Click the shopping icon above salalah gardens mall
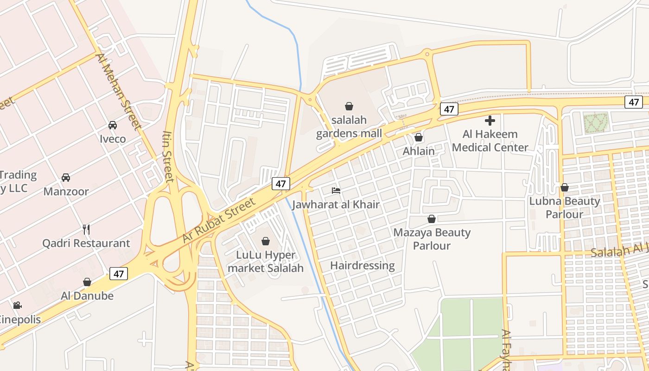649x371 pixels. pos(349,106)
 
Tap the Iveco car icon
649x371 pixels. pos(112,125)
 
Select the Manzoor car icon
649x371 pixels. pos(66,177)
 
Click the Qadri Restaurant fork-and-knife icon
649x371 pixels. pos(86,229)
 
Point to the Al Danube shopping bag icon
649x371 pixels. pos(87,282)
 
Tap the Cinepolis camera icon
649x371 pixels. pos(17,305)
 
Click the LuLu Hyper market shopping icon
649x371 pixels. pos(266,241)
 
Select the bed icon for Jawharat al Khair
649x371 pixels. pos(336,191)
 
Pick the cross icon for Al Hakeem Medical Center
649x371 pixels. pos(490,121)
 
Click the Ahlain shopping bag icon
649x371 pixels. pos(419,137)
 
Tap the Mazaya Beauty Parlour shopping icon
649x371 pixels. pos(432,218)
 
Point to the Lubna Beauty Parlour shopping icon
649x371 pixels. pos(565,187)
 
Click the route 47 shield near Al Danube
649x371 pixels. pos(119,274)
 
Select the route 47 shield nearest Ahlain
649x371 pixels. pos(449,109)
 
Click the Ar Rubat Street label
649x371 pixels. pos(219,221)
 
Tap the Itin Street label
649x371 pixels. pos(167,156)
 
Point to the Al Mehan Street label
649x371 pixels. pos(118,92)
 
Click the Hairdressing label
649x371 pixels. pos(363,266)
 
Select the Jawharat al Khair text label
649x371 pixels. pos(336,205)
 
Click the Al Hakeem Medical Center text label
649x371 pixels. pos(490,141)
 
